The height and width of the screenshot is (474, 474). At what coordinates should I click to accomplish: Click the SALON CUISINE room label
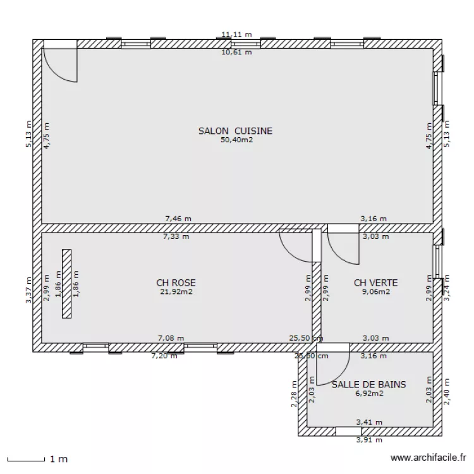pyautogui.click(x=236, y=131)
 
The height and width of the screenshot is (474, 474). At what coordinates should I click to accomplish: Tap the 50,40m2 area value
pyautogui.click(x=236, y=140)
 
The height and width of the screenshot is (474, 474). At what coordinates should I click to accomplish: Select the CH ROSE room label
pyautogui.click(x=176, y=283)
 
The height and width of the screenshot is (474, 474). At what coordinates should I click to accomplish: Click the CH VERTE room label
pyautogui.click(x=376, y=283)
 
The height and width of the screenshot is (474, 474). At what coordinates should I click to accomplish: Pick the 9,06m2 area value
pyautogui.click(x=376, y=291)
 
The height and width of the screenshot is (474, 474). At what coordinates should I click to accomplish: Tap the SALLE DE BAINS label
pyautogui.click(x=369, y=384)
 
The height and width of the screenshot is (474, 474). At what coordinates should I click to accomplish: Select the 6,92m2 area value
pyautogui.click(x=369, y=392)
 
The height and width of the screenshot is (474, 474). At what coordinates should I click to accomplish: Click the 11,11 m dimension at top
pyautogui.click(x=236, y=34)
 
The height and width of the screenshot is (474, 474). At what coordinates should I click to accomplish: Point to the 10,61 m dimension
pyautogui.click(x=236, y=52)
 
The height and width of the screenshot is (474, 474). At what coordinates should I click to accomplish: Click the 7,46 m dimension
pyautogui.click(x=178, y=219)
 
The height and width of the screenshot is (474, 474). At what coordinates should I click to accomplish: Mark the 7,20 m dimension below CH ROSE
pyautogui.click(x=164, y=356)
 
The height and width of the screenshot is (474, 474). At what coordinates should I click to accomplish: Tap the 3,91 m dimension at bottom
pyautogui.click(x=369, y=440)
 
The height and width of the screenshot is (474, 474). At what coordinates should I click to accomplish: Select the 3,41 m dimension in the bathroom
pyautogui.click(x=369, y=422)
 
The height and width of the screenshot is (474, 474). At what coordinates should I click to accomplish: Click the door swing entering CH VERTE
pyautogui.click(x=343, y=247)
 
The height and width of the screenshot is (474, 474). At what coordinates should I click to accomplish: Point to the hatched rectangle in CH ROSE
pyautogui.click(x=66, y=283)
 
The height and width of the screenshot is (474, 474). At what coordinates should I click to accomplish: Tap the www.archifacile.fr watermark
pyautogui.click(x=428, y=458)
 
